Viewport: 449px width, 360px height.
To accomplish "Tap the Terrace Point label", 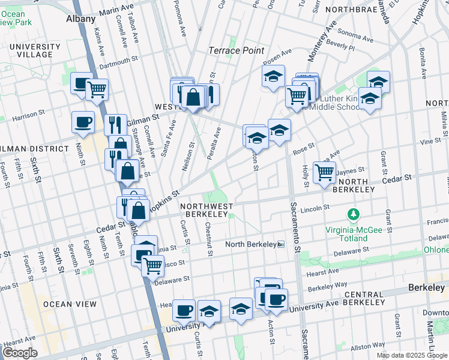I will pos(237,50).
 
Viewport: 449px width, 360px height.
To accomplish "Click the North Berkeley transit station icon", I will pos(280,245).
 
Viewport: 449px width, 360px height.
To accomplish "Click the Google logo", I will pos(20,353).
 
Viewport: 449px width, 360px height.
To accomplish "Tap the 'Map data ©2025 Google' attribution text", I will pos(412,355).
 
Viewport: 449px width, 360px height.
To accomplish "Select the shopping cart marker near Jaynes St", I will pos(324,172).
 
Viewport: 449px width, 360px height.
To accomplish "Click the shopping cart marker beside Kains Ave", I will pos(96,90).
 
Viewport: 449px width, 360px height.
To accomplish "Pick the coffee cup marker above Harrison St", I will pos(83,122).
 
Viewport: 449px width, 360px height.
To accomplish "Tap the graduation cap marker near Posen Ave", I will pos(273,76).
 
